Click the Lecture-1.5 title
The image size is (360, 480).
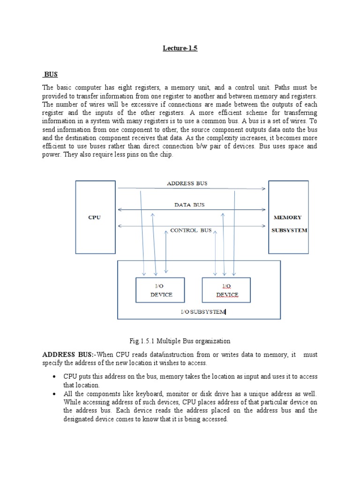point(180,48)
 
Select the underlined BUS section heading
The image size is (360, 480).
point(51,75)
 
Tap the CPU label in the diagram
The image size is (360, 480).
point(95,217)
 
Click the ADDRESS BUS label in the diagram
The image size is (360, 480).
point(187,184)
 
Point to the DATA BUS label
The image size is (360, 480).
point(189,205)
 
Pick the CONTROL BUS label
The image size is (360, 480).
point(191,231)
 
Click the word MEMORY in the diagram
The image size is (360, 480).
point(288,217)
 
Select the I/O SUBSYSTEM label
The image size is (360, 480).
point(203,312)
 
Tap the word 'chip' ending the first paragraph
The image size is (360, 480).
point(166,155)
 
